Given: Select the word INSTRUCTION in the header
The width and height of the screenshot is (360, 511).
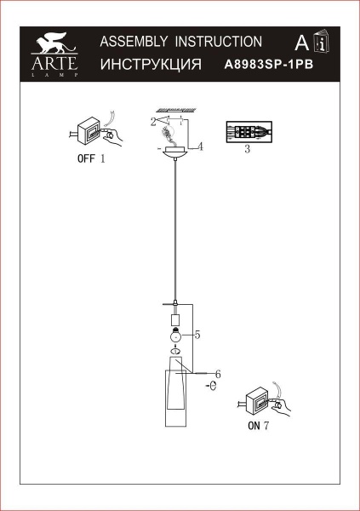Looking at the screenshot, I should (x=219, y=41).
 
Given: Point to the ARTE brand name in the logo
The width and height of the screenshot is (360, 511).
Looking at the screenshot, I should (x=55, y=62).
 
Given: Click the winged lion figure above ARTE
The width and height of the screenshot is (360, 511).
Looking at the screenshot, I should (x=55, y=42).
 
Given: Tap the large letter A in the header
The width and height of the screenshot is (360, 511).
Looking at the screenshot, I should (x=300, y=43).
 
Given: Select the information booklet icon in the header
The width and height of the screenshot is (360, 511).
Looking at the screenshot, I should (x=323, y=43).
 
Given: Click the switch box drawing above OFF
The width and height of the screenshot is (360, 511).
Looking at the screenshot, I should (x=90, y=131).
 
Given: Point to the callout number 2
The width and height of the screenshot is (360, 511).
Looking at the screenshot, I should (x=153, y=122).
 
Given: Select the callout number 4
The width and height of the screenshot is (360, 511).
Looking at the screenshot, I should (x=200, y=146).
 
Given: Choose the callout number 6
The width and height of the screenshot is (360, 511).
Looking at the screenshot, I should (x=217, y=374).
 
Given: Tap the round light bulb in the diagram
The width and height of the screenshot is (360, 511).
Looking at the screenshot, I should (x=174, y=334).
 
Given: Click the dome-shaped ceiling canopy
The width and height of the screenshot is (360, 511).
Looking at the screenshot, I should (x=174, y=153).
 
